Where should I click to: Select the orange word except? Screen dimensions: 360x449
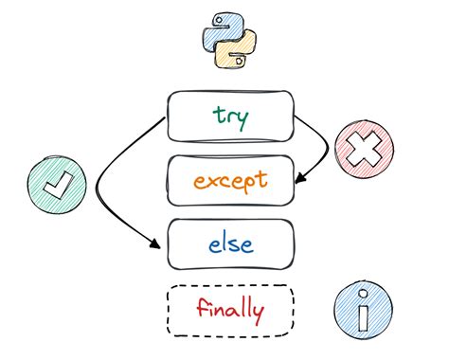pos(230,180)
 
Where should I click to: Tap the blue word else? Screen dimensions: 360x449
pos(230,243)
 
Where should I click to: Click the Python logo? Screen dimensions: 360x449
pos(228,41)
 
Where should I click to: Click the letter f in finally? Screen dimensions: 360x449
pos(202,308)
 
